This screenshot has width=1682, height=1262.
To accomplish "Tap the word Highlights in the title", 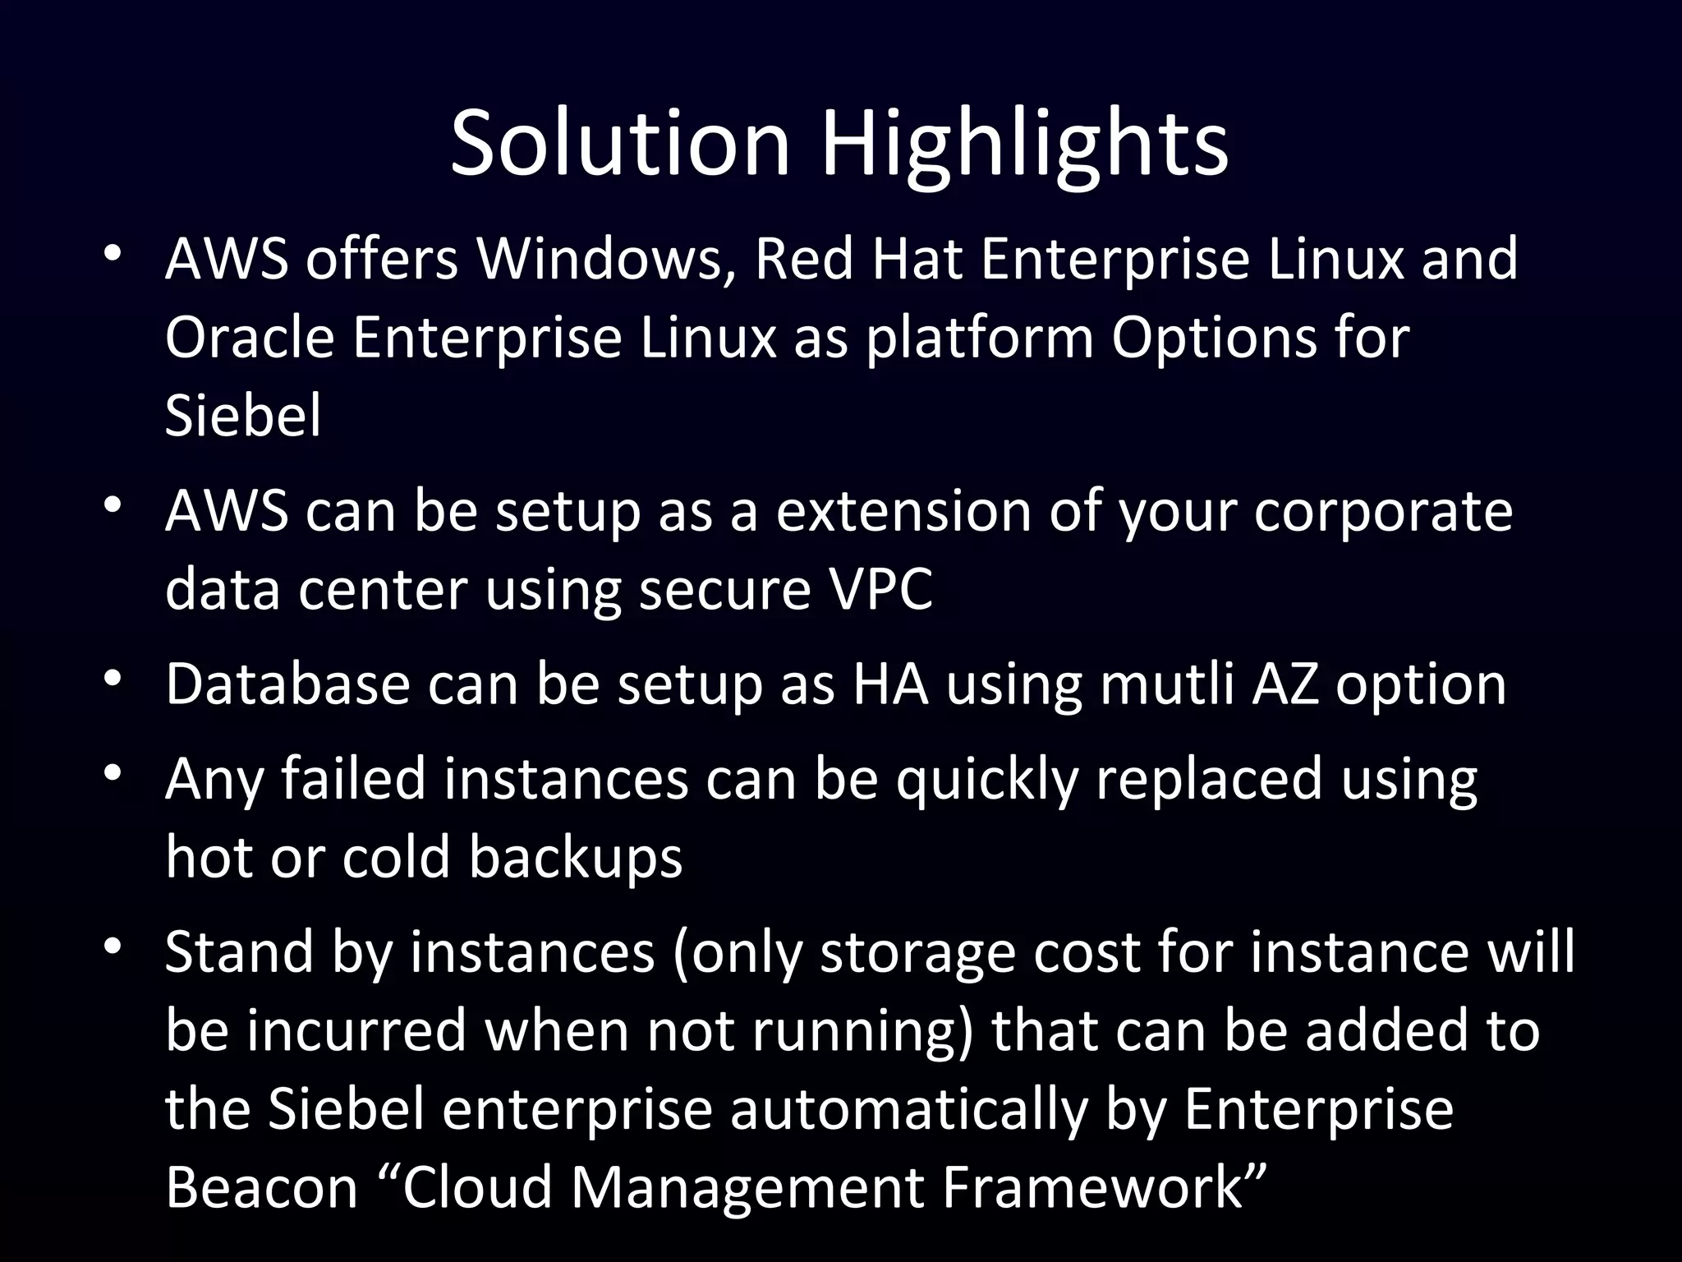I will tap(1024, 145).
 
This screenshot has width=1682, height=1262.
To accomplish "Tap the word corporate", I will tap(1383, 513).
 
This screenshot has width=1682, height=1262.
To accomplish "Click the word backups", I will tap(575, 857).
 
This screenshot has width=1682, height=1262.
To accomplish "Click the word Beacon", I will tap(262, 1187).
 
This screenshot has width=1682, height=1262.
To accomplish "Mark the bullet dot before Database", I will tap(113, 679).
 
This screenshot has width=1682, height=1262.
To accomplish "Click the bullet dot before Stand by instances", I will tap(113, 947).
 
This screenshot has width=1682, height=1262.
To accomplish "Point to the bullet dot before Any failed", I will tap(113, 773).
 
